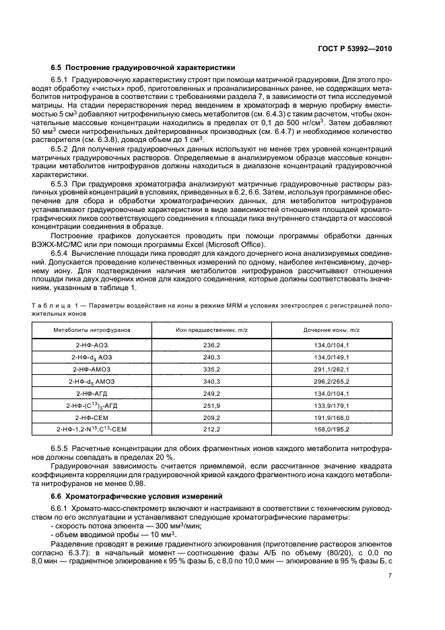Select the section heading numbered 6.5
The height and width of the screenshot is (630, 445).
pos(143,67)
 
